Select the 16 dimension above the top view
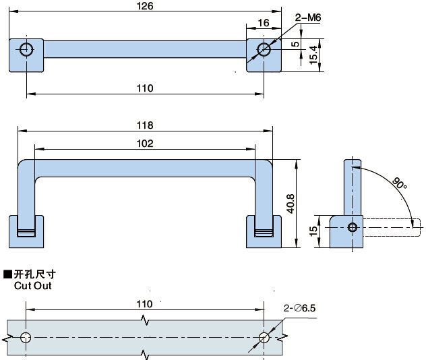click(263, 23)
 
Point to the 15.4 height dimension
click(313, 54)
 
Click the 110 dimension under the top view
click(145, 88)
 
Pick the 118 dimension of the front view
click(145, 125)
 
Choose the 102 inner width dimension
click(145, 143)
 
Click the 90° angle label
click(400, 184)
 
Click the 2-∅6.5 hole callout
click(300, 308)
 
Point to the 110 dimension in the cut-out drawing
click(144, 304)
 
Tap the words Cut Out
click(32, 285)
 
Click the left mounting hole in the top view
click(27, 49)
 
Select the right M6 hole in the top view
click(264, 49)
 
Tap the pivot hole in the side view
click(352, 227)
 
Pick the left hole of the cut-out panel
click(26, 337)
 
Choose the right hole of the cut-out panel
click(264, 337)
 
